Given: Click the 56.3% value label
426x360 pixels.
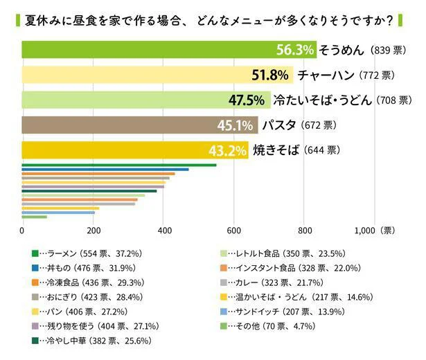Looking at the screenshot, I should click(x=295, y=50).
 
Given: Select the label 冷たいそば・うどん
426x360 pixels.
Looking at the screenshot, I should click(x=323, y=100).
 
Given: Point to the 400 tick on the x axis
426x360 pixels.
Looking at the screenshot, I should click(x=163, y=231).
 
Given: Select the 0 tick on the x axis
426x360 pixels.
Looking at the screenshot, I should click(x=23, y=231).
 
